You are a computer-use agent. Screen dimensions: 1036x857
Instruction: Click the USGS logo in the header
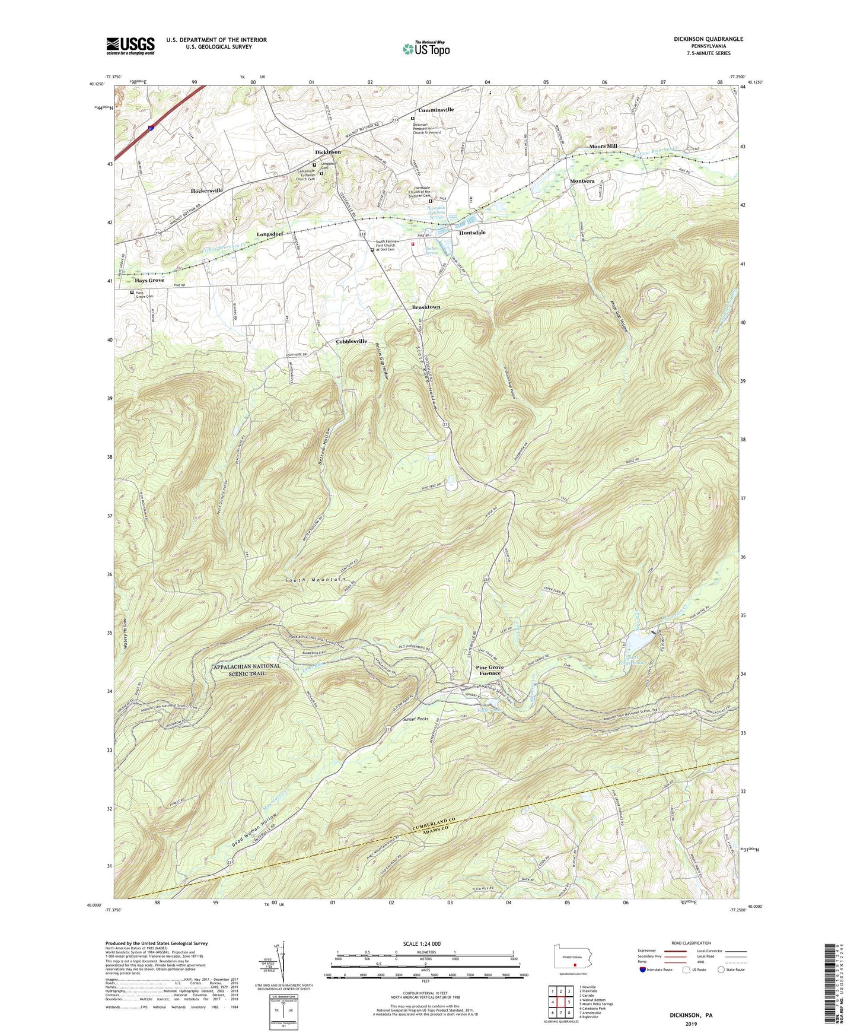(x=130, y=46)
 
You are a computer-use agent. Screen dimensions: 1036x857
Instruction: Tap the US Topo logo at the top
(x=425, y=49)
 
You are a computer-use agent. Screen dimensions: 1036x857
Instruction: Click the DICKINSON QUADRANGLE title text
(x=708, y=39)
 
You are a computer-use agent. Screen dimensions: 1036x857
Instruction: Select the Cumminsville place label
(x=436, y=110)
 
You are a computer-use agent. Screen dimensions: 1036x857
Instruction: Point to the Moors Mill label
(x=603, y=146)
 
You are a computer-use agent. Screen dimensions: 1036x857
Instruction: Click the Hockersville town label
(x=207, y=191)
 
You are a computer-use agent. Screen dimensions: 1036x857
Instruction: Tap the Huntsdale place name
(x=472, y=233)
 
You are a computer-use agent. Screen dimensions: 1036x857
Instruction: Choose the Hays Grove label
(x=149, y=280)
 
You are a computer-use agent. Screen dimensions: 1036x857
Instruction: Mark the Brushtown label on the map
(x=426, y=307)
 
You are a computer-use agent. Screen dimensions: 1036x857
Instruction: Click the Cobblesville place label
(x=352, y=342)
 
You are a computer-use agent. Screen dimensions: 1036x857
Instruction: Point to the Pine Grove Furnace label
(x=490, y=670)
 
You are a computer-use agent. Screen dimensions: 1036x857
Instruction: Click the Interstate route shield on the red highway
(x=151, y=128)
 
